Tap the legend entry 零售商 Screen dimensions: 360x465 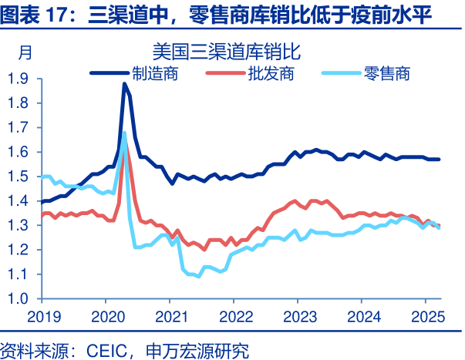386,74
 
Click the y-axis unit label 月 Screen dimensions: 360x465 25,53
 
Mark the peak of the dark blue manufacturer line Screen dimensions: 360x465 124,84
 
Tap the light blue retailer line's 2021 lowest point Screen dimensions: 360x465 198,276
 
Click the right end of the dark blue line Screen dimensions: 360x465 440,160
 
